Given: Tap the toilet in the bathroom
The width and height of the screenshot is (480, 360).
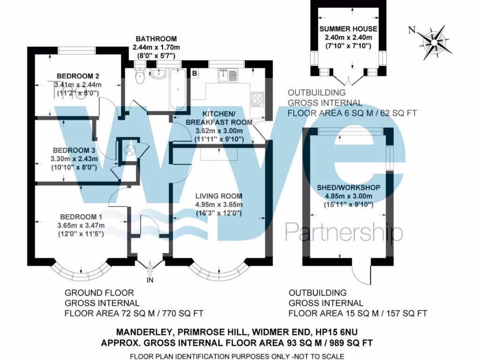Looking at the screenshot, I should (x=139, y=76).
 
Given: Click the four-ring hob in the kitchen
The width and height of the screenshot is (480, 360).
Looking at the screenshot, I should (x=258, y=99).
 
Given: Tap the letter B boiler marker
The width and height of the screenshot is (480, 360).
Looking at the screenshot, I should (x=194, y=73).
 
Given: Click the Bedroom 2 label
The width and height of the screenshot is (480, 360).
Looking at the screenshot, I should (x=78, y=76).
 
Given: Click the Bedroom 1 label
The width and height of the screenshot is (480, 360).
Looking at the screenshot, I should (x=81, y=217).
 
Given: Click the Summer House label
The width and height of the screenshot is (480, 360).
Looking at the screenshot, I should (x=348, y=29).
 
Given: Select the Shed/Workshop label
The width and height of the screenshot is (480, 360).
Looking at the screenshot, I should (x=348, y=187).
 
